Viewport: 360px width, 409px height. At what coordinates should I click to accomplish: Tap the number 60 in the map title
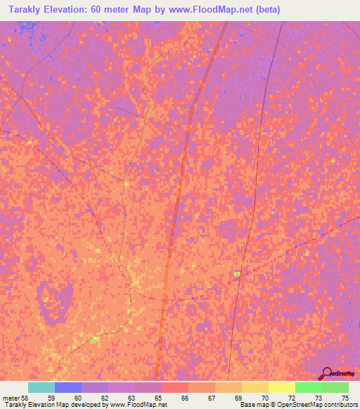[108, 10]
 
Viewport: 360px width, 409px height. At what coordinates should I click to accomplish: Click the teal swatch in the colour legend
[41, 387]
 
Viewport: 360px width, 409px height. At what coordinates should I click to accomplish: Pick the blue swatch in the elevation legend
[68, 387]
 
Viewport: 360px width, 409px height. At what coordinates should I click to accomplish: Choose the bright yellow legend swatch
[282, 387]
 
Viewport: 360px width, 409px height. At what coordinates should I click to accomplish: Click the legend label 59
[51, 398]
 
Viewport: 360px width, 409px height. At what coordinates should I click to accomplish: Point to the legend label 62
[105, 398]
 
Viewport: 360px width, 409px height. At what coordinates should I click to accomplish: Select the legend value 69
[238, 398]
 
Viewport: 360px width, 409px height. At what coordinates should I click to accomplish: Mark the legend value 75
[345, 398]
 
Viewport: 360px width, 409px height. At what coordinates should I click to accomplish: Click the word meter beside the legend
[11, 398]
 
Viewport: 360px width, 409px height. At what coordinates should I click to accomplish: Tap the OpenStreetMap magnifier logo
[327, 373]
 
